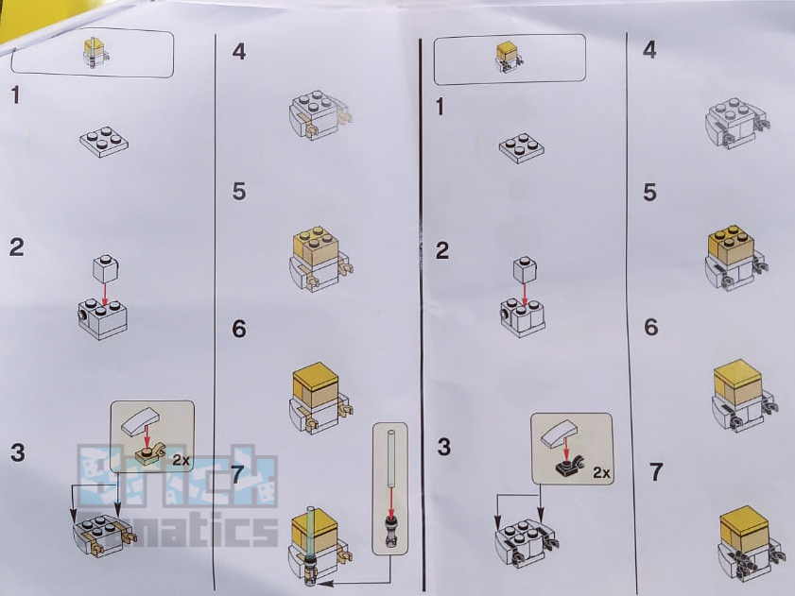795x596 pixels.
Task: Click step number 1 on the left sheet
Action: coord(16,95)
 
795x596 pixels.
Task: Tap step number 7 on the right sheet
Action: coord(656,472)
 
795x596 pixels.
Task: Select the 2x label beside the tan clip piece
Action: coord(181,460)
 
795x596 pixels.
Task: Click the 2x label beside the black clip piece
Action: coord(602,473)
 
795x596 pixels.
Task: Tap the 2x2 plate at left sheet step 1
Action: coord(104,141)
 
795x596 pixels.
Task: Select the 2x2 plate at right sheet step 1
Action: coord(522,148)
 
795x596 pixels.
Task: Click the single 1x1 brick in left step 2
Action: coord(106,268)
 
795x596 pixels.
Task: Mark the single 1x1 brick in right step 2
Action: coord(525,269)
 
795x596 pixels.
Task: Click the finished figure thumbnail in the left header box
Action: coord(95,53)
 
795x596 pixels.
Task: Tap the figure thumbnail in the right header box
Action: coord(509,58)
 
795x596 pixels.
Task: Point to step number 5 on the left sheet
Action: coord(239,192)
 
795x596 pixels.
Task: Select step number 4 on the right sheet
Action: coord(649,50)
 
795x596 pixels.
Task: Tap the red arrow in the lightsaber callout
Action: coord(391,501)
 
